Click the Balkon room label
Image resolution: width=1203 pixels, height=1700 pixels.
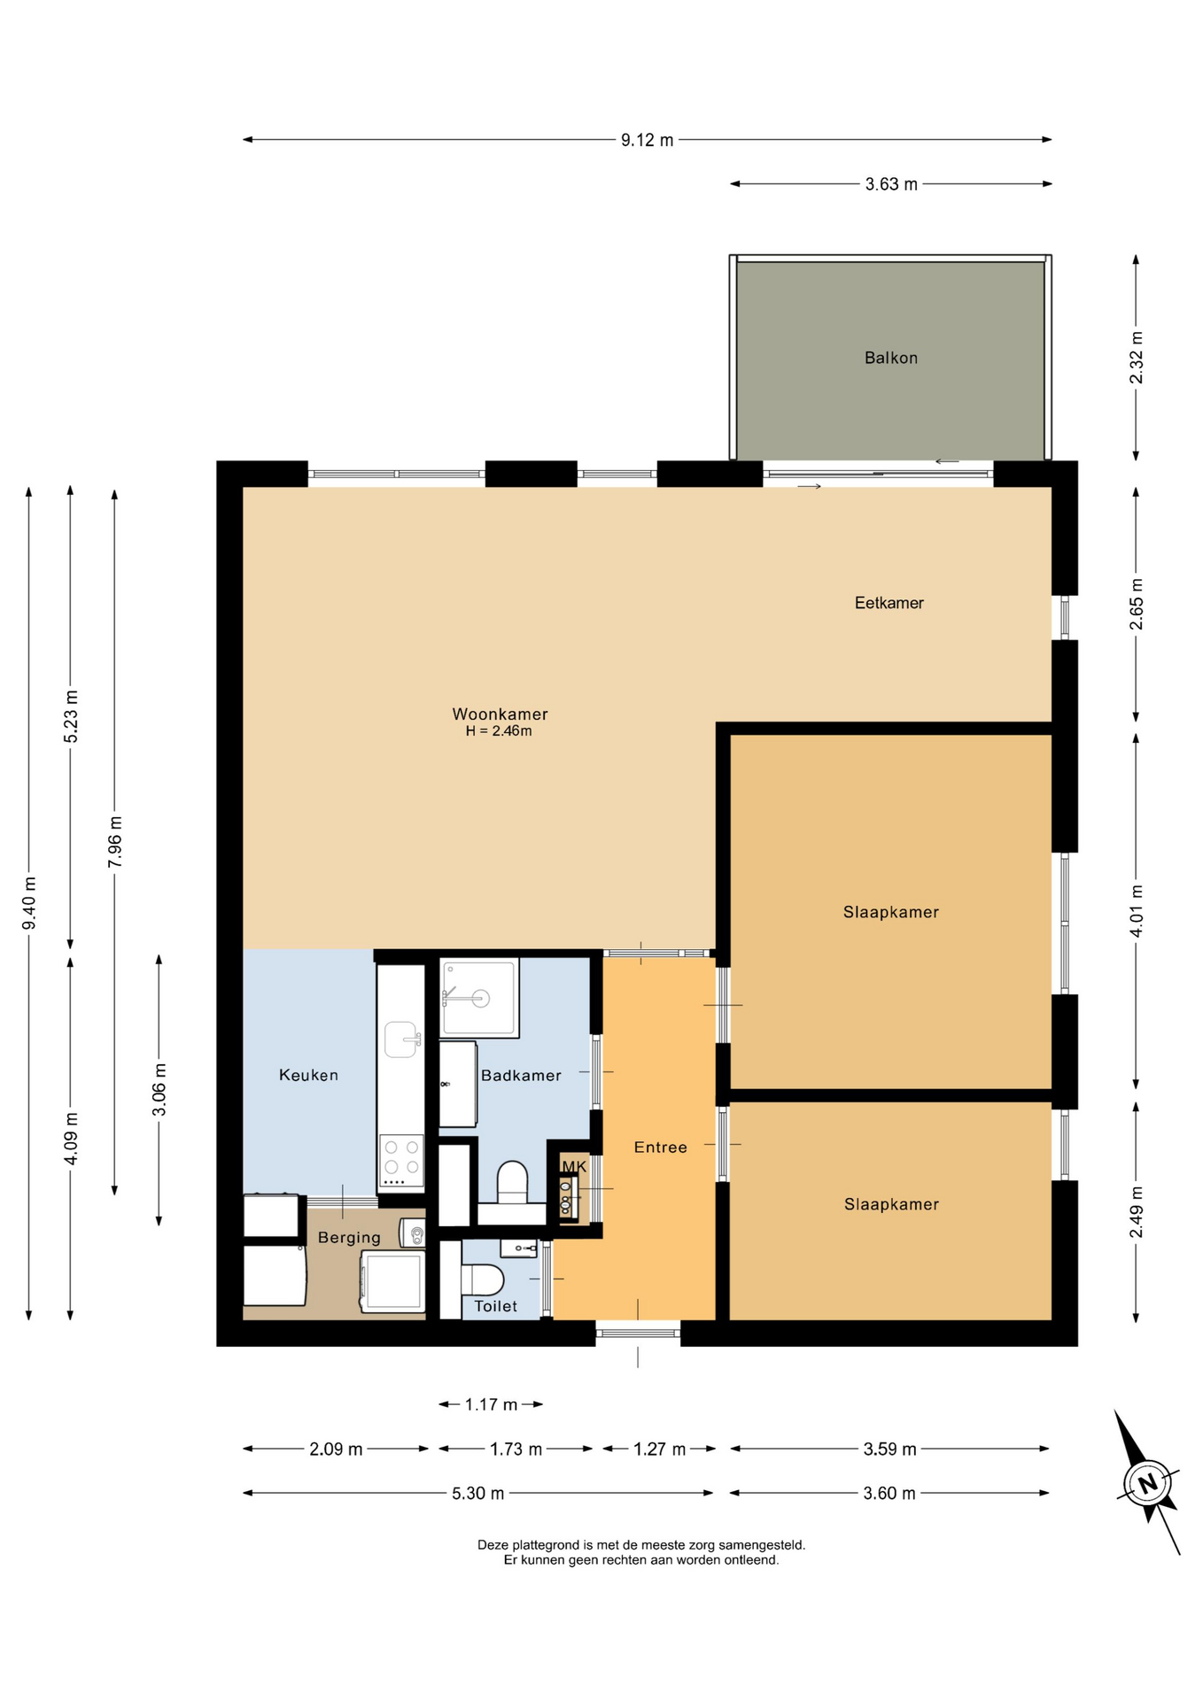(890, 358)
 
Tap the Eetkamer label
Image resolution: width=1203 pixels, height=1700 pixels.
(889, 603)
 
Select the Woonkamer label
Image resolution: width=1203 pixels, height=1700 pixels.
(500, 714)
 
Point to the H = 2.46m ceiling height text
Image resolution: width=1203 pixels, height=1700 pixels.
(499, 731)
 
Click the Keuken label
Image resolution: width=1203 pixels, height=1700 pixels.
(308, 1075)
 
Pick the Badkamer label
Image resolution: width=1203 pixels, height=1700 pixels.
(521, 1075)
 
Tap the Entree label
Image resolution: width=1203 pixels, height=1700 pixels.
(660, 1147)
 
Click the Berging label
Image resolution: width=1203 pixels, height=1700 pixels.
(349, 1238)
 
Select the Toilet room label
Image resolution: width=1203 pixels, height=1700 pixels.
(495, 1306)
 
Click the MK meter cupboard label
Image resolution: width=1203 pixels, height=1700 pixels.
(574, 1167)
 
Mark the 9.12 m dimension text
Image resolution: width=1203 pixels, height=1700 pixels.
(647, 140)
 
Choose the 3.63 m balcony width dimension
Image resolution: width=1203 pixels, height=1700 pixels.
(891, 184)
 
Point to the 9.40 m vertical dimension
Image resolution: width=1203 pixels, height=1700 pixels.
(29, 903)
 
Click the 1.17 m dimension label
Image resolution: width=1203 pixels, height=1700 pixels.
(491, 1404)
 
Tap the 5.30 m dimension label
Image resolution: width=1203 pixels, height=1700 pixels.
(477, 1493)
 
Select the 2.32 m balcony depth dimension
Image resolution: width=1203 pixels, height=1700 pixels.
(1137, 358)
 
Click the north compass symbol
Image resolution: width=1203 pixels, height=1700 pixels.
(1148, 1483)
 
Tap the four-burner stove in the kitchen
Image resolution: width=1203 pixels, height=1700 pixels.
(401, 1161)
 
